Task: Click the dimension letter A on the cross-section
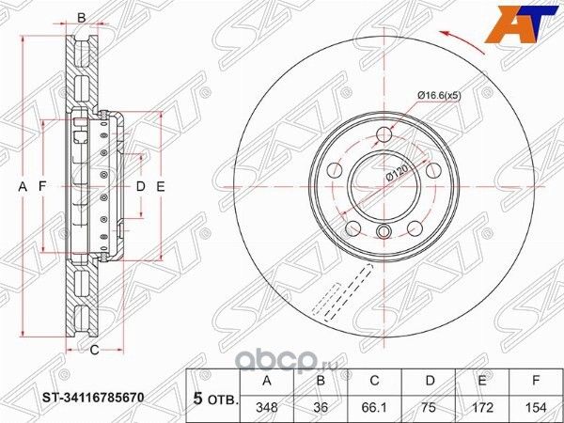(x=23, y=186)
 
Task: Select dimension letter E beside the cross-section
(x=161, y=186)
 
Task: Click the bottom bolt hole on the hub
(x=383, y=232)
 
